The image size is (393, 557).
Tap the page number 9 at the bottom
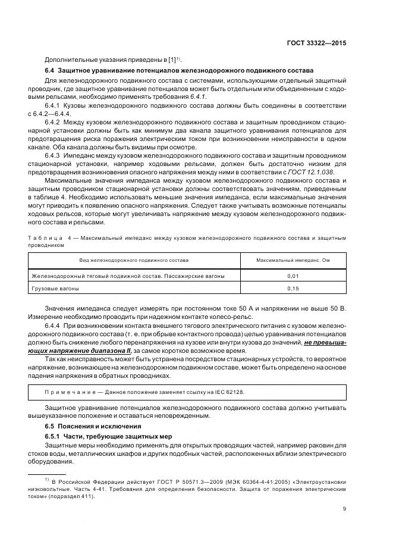(x=345, y=508)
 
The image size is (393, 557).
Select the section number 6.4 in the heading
(x=50, y=70)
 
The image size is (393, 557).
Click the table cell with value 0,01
(x=293, y=276)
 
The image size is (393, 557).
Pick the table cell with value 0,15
(x=293, y=288)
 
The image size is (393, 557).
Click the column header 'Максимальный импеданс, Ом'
(x=293, y=261)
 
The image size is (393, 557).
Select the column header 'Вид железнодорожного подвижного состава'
(x=134, y=261)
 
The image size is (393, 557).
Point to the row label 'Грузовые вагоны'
(x=55, y=288)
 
